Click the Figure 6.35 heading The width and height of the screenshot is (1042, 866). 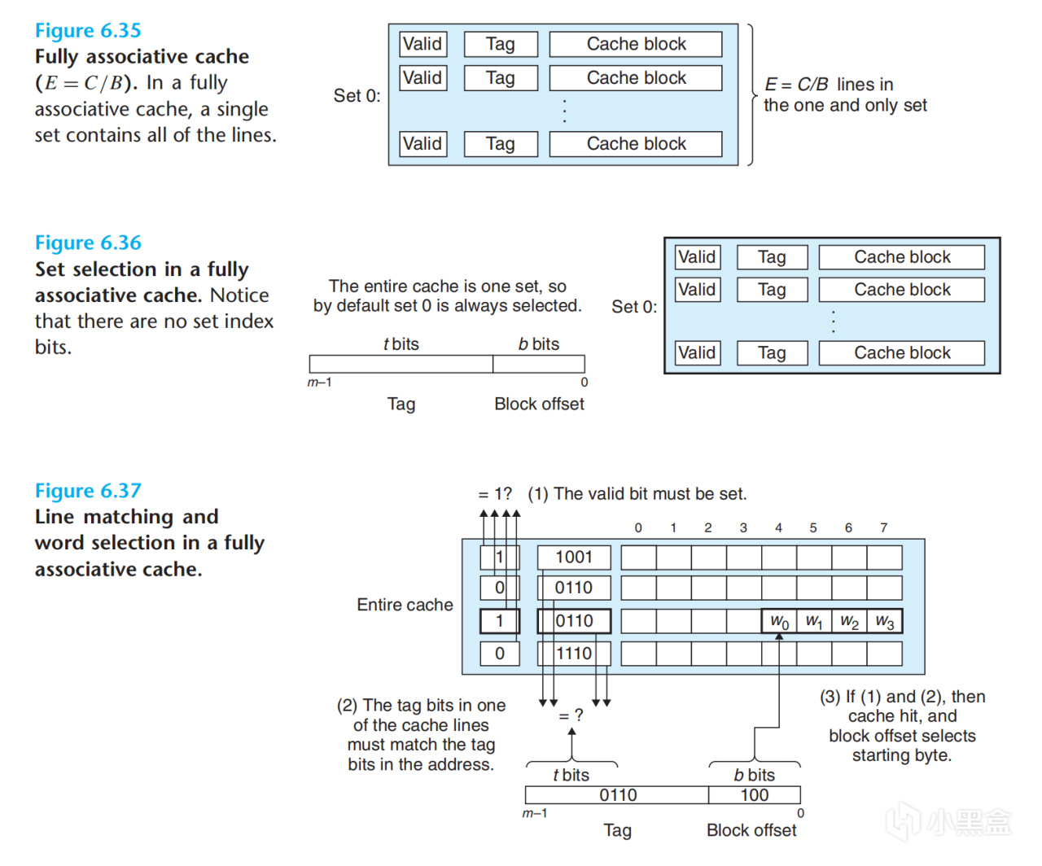pos(88,31)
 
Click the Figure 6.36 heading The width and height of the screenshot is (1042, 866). pos(88,243)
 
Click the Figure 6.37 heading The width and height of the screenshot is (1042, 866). pos(88,491)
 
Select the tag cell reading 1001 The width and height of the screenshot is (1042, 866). pos(573,558)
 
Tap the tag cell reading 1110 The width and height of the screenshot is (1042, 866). pos(573,654)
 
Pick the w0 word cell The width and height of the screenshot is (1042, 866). pos(779,622)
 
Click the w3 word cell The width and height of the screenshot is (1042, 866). pos(885,622)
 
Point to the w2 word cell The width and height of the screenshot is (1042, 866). pos(849,622)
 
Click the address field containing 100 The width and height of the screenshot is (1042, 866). pos(754,795)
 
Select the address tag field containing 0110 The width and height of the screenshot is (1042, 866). pos(617,795)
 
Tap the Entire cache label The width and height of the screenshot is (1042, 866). pos(405,605)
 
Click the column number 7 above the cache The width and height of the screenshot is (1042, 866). pos(883,527)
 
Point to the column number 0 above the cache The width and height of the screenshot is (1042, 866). pos(638,527)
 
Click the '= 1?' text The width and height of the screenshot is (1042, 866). pos(495,494)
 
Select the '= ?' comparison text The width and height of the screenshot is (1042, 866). pos(571,715)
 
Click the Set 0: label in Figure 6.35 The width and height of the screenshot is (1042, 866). pos(357,96)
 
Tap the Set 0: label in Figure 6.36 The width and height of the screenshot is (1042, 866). pos(634,307)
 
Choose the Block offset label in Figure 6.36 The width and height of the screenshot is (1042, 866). pos(539,405)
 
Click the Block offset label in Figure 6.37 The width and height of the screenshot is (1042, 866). pos(751,830)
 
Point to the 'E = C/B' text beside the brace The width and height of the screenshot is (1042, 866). pos(796,85)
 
